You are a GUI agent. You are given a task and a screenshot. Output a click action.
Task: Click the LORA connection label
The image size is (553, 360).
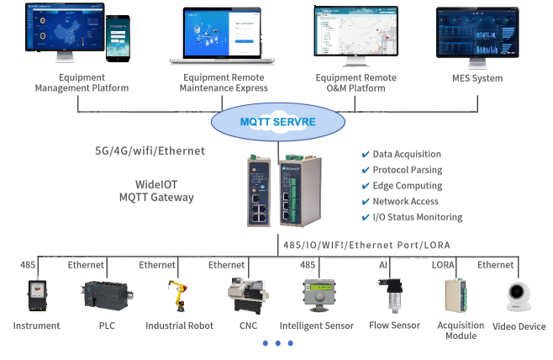click(442, 265)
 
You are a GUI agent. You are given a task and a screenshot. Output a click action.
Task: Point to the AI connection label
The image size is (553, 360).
click(383, 265)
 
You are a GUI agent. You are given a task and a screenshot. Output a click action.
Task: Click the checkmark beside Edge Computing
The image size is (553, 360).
click(365, 186)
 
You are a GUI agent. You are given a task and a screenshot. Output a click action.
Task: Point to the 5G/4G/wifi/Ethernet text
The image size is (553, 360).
click(150, 151)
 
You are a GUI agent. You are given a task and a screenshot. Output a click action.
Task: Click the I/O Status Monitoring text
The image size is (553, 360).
click(417, 217)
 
